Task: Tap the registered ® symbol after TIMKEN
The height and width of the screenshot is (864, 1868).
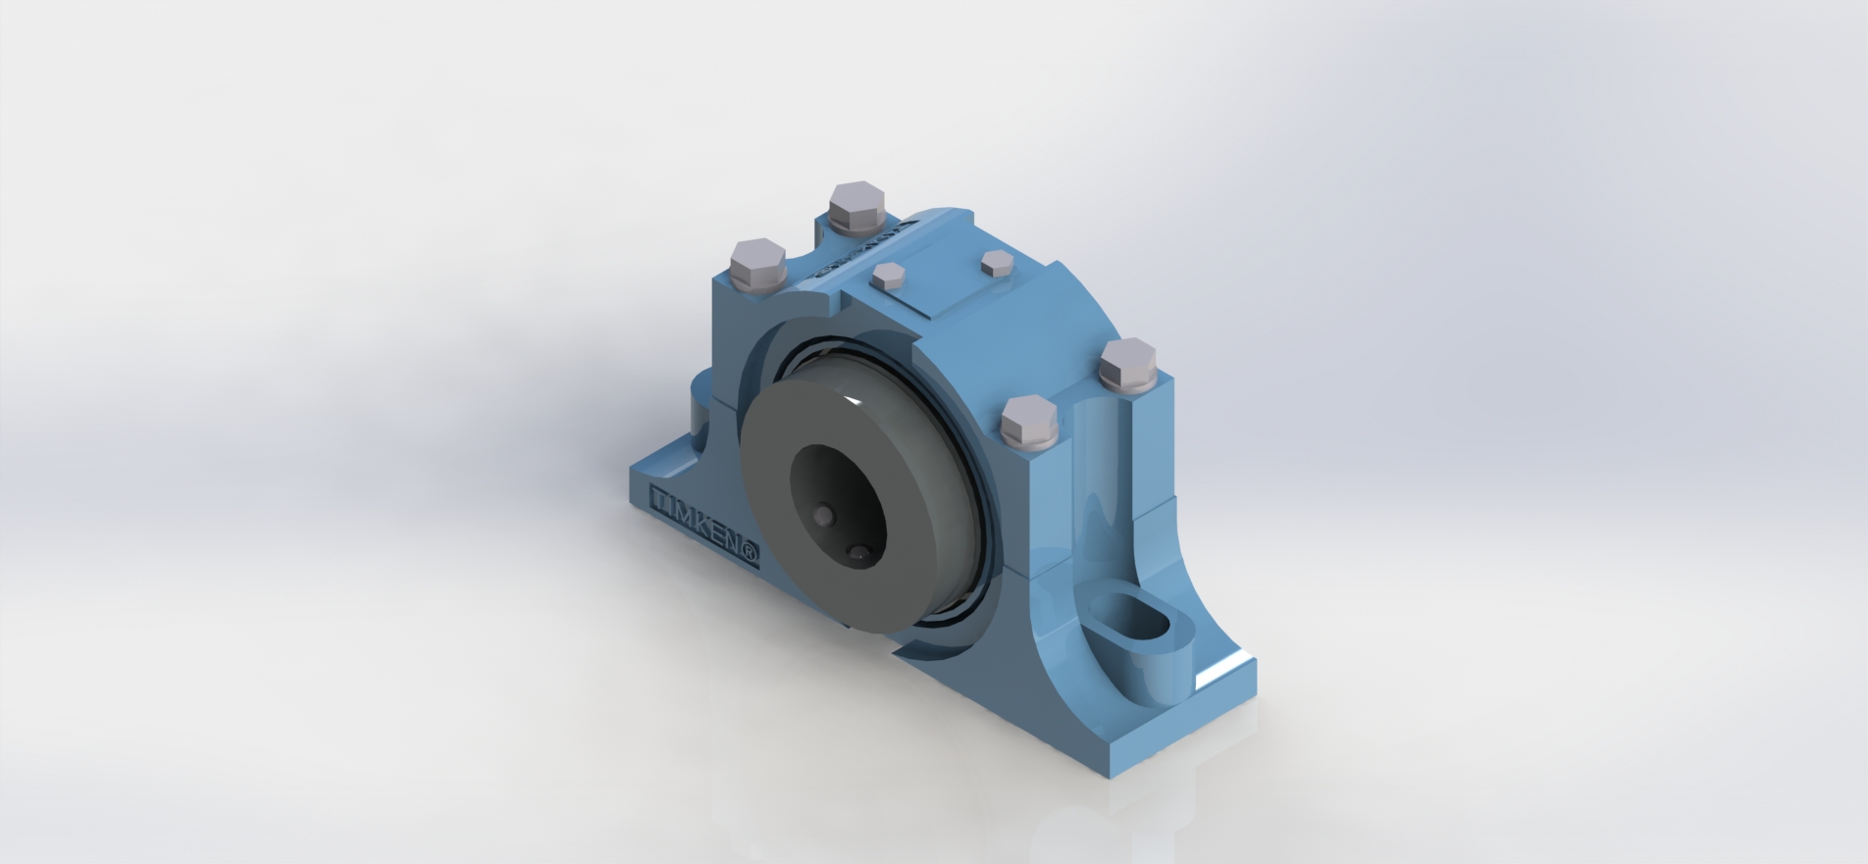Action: point(751,555)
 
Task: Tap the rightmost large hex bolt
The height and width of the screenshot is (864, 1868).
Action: point(1128,365)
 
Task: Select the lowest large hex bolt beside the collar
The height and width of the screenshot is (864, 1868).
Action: point(1029,424)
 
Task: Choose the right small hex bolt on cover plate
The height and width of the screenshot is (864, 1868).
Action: point(997,262)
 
